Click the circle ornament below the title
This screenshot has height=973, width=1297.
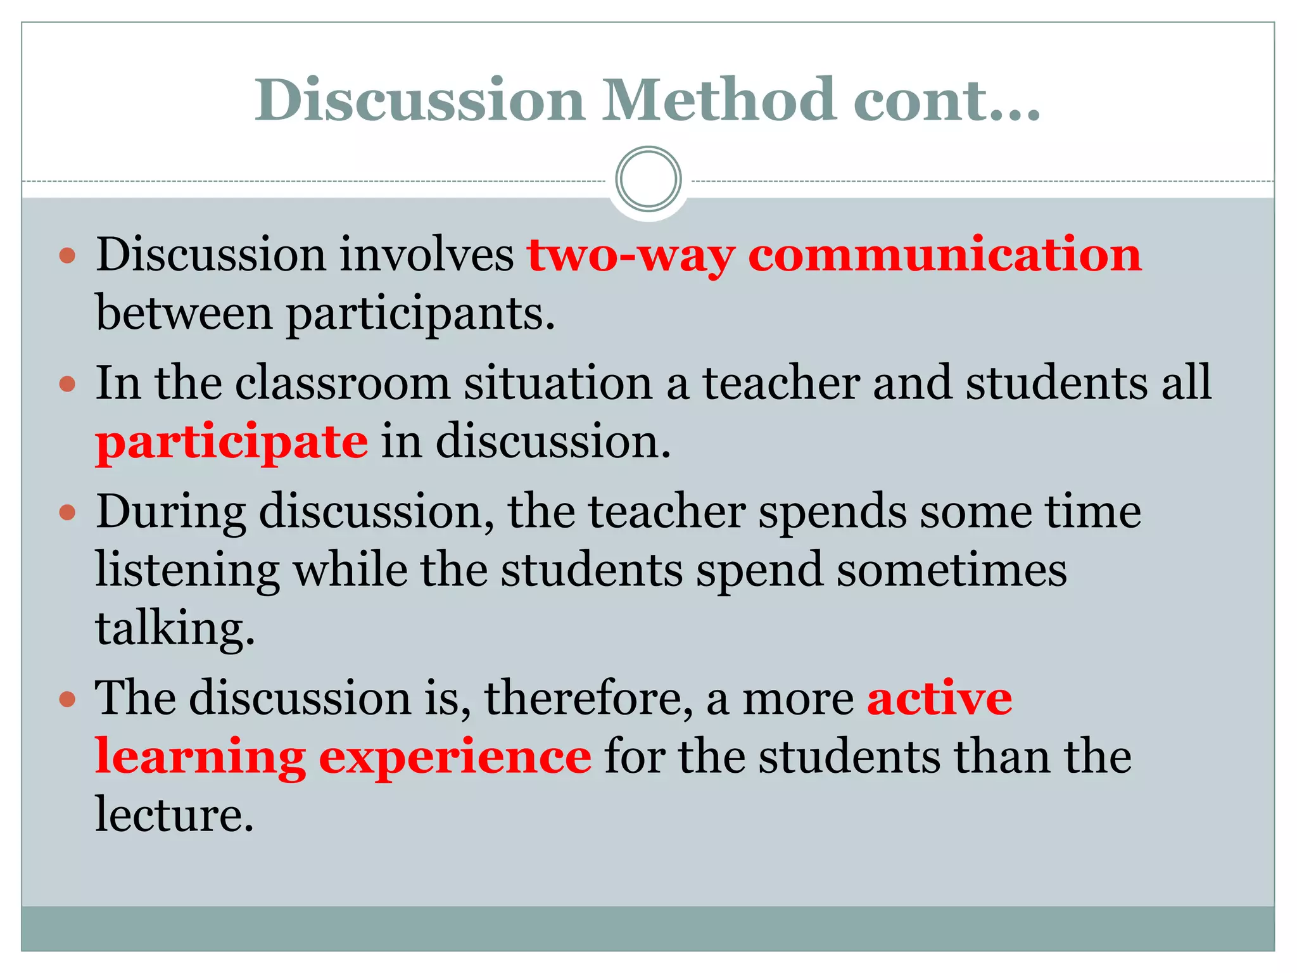point(648,179)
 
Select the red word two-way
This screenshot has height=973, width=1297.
point(631,255)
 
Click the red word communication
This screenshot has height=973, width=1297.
point(945,254)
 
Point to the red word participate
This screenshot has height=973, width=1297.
point(231,442)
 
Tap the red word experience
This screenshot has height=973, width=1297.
point(455,757)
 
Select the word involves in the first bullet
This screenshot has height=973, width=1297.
point(426,254)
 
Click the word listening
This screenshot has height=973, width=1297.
point(187,570)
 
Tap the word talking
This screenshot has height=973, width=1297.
point(175,628)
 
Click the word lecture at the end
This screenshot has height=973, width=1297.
point(174,814)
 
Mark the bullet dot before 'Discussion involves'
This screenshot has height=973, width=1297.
point(67,256)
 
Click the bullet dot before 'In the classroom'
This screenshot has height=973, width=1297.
point(67,384)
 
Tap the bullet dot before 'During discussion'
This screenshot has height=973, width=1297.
point(67,512)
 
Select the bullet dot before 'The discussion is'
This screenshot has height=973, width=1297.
point(67,699)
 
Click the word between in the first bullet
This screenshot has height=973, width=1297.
point(184,314)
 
